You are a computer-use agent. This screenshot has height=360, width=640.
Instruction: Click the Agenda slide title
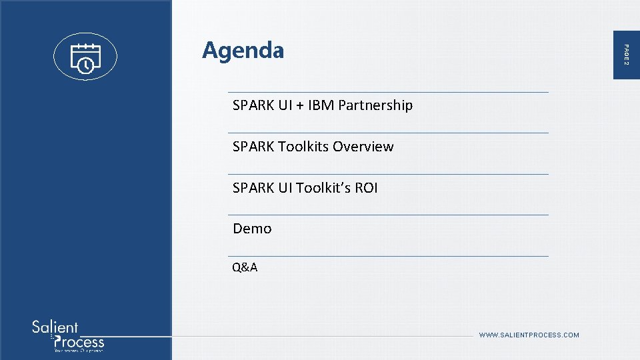click(x=243, y=51)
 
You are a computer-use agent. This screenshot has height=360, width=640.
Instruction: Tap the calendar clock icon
click(x=85, y=57)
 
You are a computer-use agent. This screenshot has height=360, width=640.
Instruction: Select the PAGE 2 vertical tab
click(x=625, y=53)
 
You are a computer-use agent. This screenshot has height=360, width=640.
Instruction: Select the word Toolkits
click(x=303, y=147)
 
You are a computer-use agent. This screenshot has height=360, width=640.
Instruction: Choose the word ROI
click(x=366, y=188)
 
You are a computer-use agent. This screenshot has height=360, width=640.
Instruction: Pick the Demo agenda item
click(x=252, y=229)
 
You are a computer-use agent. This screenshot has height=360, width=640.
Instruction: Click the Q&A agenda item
click(x=245, y=268)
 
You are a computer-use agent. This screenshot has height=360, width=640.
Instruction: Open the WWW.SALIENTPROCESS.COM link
click(x=529, y=335)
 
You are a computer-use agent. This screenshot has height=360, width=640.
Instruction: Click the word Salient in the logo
click(x=55, y=327)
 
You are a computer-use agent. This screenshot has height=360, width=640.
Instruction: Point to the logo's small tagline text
click(x=79, y=350)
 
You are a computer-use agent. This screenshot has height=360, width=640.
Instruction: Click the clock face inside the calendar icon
click(x=85, y=65)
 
